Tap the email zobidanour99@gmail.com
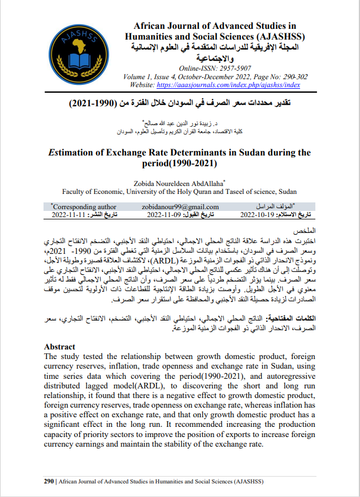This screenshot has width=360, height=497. click(180, 207)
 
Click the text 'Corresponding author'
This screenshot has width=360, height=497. click(85, 207)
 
